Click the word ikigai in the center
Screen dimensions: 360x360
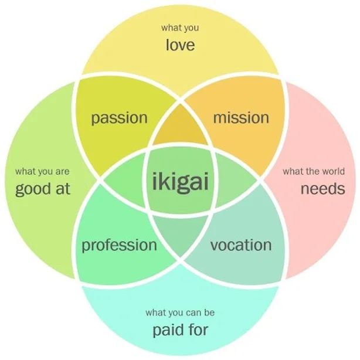181,182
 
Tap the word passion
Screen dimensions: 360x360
119,118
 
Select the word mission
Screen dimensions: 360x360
241,117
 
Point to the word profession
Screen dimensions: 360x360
119,246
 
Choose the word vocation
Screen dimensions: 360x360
241,244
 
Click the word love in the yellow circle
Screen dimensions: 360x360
180,45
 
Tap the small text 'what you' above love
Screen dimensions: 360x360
180,28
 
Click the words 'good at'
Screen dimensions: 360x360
42,189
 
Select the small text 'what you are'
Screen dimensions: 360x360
42,172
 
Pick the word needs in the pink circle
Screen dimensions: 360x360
323,189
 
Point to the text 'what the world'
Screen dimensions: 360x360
314,171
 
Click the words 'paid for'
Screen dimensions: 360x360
181,330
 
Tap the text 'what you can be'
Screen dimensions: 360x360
180,313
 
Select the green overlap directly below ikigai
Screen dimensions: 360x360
180,234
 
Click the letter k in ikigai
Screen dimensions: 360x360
162,181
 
